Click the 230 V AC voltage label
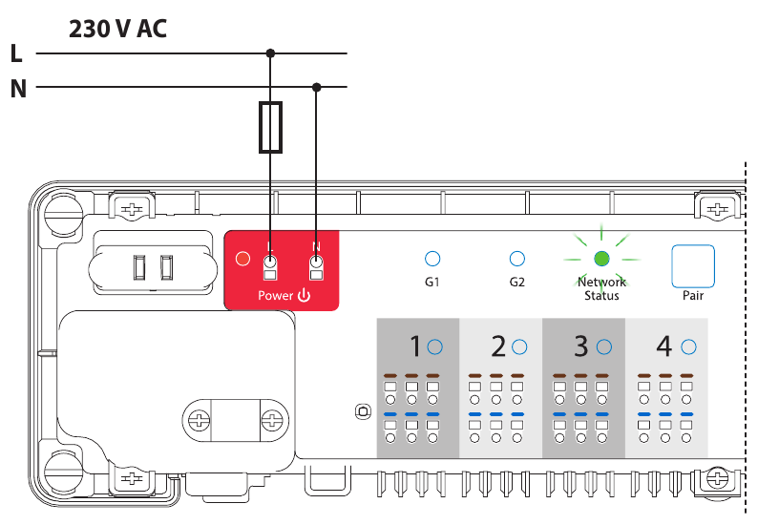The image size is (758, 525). point(117,29)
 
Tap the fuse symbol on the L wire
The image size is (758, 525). point(271,127)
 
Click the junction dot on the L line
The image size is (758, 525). point(271,52)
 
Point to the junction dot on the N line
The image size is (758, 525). point(317,87)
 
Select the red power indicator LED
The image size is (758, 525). point(242,259)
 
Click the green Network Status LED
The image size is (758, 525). point(601,259)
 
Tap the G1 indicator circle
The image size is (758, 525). point(432,259)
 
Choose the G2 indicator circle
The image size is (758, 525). point(517,259)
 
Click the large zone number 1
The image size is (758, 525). point(415,346)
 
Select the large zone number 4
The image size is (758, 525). point(664,346)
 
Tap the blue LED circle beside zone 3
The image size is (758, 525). point(603,346)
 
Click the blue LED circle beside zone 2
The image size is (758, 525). point(519,346)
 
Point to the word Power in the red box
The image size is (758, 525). point(276,295)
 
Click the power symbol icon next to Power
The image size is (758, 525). point(305,295)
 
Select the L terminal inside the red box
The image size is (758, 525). point(270,267)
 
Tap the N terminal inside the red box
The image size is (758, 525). point(316,267)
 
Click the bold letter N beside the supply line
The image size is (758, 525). point(18,89)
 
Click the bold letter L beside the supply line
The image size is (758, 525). point(16,53)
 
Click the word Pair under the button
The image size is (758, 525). point(693,295)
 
